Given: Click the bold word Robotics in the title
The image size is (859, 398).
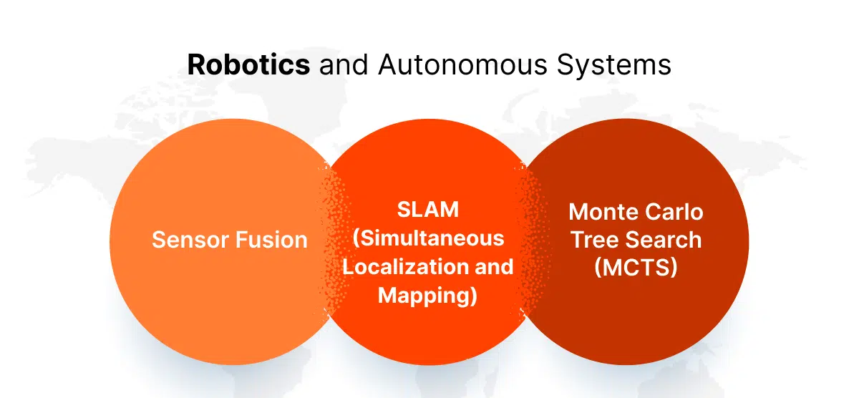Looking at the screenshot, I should pyautogui.click(x=248, y=64).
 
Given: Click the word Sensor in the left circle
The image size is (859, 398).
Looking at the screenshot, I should pyautogui.click(x=188, y=239).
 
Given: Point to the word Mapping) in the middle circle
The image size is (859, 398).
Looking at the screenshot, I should pyautogui.click(x=427, y=294).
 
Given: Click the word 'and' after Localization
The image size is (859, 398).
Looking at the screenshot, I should pyautogui.click(x=492, y=266).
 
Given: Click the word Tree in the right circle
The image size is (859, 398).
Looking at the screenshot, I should pyautogui.click(x=592, y=239).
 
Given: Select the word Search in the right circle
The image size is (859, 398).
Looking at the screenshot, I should pyautogui.click(x=663, y=239).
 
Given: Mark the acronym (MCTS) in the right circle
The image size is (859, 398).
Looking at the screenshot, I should pyautogui.click(x=636, y=267).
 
